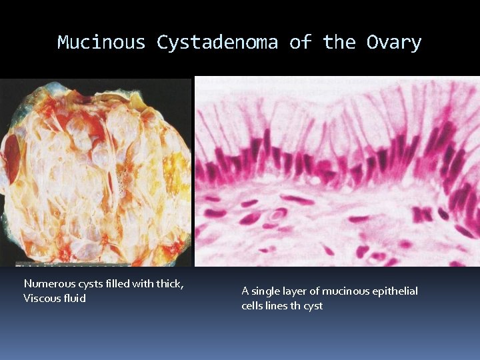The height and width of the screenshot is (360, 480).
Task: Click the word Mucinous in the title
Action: pos(101,43)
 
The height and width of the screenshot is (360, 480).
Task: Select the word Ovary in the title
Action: pos(393,43)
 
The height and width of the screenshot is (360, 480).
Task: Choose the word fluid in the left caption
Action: pos(74,298)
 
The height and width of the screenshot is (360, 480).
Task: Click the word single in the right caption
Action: pos(265,291)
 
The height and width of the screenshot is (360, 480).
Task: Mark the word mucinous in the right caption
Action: pos(341,291)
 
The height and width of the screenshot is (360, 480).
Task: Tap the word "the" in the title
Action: pos(339,43)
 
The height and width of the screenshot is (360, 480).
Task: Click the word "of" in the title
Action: pos(300,43)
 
